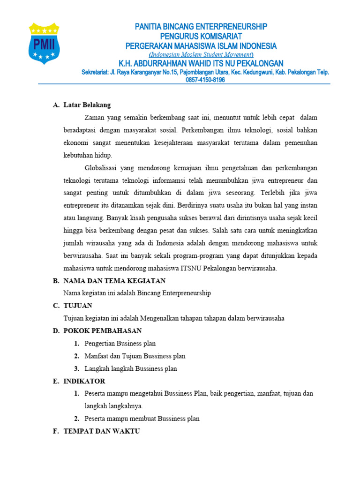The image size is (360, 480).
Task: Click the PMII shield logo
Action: click(x=44, y=43)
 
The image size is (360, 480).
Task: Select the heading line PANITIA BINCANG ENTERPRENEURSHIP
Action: click(x=201, y=27)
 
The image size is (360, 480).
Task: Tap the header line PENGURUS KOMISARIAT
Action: click(x=201, y=36)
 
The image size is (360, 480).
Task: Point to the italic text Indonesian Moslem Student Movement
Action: click(x=201, y=55)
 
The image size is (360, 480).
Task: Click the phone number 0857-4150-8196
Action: click(x=205, y=80)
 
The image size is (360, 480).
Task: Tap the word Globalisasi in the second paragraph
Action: click(x=102, y=168)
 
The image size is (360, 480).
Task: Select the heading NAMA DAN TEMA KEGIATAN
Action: click(x=114, y=281)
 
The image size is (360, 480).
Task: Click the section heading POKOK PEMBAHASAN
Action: click(x=103, y=331)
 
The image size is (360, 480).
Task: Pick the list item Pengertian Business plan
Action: click(x=120, y=344)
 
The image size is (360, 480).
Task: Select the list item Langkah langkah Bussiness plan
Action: click(x=131, y=369)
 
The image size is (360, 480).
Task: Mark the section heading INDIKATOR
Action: click(x=84, y=381)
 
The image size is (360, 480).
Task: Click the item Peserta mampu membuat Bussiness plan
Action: click(x=142, y=419)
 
